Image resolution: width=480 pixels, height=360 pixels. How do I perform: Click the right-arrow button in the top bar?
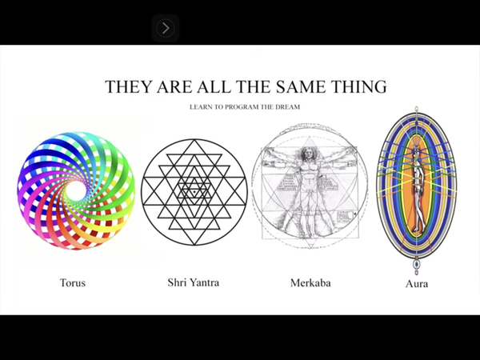pyautogui.click(x=166, y=28)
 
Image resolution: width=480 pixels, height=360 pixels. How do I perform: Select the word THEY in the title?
pyautogui.click(x=129, y=86)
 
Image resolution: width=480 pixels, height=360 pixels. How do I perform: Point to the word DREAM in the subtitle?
pyautogui.click(x=287, y=107)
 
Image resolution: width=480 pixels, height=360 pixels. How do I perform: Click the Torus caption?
pyautogui.click(x=73, y=282)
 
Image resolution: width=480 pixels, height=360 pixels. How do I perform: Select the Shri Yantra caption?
pyautogui.click(x=194, y=282)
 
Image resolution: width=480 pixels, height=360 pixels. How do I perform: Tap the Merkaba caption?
pyautogui.click(x=310, y=282)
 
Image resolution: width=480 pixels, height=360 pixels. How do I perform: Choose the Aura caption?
pyautogui.click(x=417, y=284)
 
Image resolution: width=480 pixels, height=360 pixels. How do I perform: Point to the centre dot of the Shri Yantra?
pyautogui.click(x=194, y=192)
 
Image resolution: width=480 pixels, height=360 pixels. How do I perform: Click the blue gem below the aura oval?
pyautogui.click(x=416, y=264)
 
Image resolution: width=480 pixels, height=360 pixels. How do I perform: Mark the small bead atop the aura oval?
pyautogui.click(x=416, y=109)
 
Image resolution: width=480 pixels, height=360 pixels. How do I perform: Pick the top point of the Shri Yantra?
pyautogui.click(x=194, y=140)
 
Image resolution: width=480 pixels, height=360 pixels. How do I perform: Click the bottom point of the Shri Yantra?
pyautogui.click(x=194, y=244)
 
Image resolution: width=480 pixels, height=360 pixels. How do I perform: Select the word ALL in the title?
pyautogui.click(x=214, y=86)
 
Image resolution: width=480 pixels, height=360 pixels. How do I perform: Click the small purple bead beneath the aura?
pyautogui.click(x=416, y=272)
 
